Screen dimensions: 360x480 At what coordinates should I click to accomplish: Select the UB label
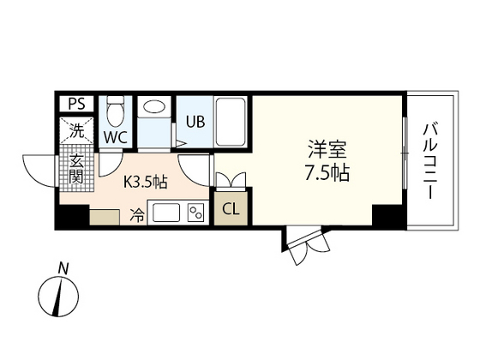click(x=194, y=122)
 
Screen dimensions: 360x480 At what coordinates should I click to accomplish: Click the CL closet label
click(x=231, y=208)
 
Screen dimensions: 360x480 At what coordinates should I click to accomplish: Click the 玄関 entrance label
click(x=75, y=170)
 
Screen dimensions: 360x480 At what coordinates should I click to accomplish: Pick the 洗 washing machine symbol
click(x=77, y=132)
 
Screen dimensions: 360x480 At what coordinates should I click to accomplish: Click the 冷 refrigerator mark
click(x=137, y=214)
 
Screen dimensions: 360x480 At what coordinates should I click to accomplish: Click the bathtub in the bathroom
click(x=230, y=122)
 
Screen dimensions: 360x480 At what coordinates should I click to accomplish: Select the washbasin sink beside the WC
click(x=155, y=108)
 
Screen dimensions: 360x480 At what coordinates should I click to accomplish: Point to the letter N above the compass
click(x=63, y=269)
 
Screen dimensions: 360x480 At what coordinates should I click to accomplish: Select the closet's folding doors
click(x=231, y=180)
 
